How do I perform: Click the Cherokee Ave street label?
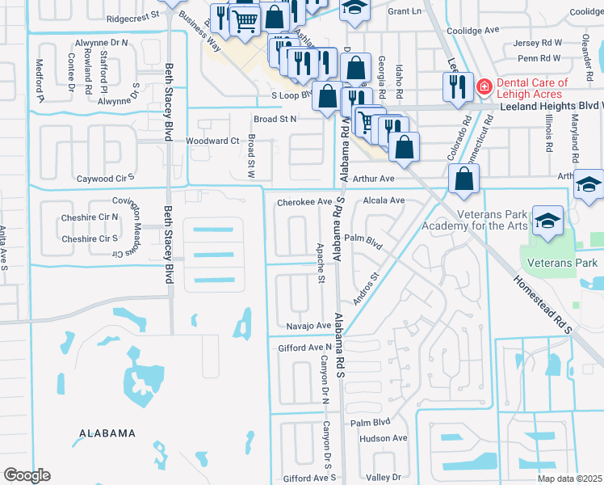304,202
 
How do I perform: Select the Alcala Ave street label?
384,200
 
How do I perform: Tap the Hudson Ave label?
384,438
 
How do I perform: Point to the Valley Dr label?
383,478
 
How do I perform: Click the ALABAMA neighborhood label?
107,433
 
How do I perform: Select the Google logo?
27,475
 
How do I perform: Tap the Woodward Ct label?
212,141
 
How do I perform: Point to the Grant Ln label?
405,12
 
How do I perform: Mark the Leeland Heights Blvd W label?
552,105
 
